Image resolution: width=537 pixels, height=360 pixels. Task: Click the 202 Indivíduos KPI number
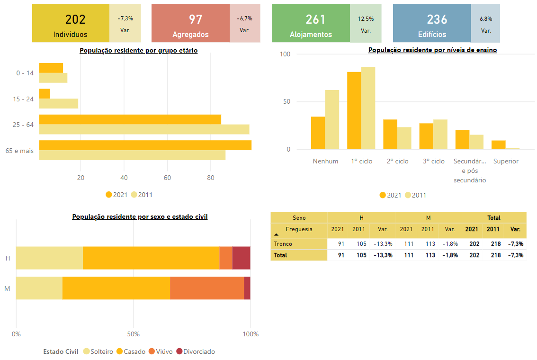click(x=75, y=19)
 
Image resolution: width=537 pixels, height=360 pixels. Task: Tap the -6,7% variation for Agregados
click(x=244, y=18)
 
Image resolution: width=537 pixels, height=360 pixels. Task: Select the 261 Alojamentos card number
click(x=315, y=19)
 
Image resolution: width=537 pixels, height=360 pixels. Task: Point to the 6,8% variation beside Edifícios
click(x=486, y=19)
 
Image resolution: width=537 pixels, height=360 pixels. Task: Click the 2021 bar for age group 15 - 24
click(x=45, y=94)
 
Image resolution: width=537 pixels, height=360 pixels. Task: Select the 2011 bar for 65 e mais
click(x=132, y=155)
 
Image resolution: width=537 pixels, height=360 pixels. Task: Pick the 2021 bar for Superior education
click(x=499, y=145)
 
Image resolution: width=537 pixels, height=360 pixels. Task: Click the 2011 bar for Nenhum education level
click(x=332, y=120)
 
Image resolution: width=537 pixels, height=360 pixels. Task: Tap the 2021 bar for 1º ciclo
click(x=354, y=111)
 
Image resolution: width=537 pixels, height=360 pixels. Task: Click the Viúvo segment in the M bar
click(x=207, y=288)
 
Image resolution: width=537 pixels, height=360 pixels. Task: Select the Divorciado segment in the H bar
click(x=241, y=258)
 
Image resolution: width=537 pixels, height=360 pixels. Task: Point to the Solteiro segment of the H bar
click(x=49, y=258)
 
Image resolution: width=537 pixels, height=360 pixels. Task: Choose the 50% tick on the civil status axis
click(x=133, y=334)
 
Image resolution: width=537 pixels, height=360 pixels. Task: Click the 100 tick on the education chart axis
click(x=285, y=54)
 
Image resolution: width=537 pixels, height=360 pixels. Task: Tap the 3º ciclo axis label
click(x=434, y=161)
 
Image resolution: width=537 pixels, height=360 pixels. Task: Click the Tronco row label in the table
click(x=283, y=244)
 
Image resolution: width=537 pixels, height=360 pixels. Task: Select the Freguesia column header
click(x=299, y=229)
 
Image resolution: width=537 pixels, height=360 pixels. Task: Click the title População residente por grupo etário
click(x=138, y=50)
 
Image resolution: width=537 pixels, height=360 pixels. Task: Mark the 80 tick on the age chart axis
click(x=211, y=178)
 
